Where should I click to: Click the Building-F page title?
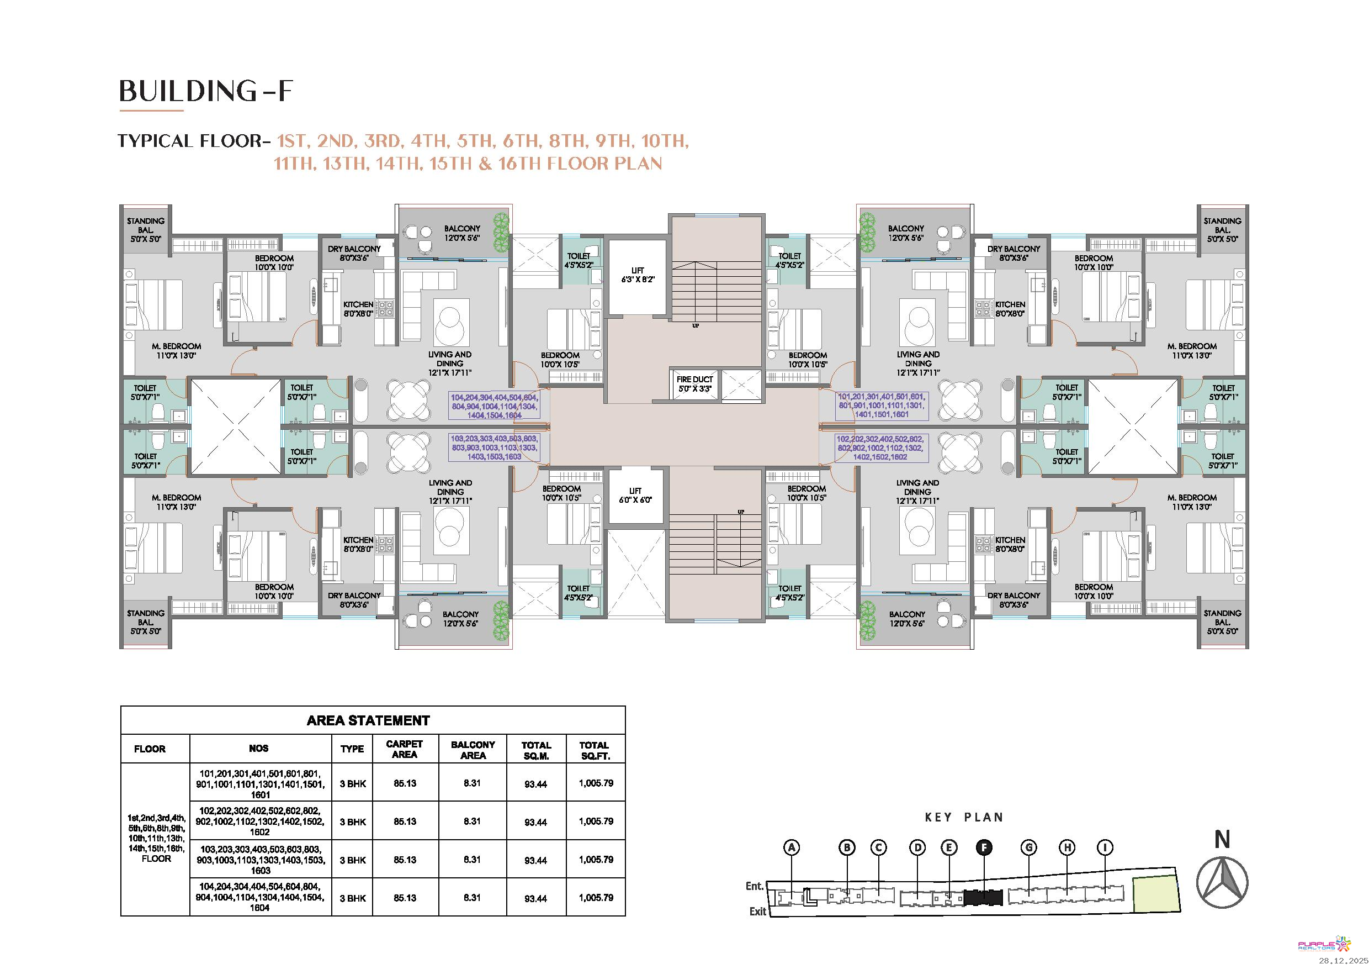coord(206,91)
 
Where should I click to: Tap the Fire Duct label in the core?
coord(694,383)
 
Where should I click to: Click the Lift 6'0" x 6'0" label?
coord(635,495)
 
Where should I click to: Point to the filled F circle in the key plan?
coord(984,847)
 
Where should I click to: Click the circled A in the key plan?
coord(792,847)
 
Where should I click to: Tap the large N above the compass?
coord(1222,840)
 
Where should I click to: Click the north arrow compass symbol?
coord(1222,882)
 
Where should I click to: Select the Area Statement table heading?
coord(368,721)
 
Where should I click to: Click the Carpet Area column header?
coord(404,750)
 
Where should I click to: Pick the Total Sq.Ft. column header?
coord(594,750)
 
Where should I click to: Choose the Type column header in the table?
coord(352,749)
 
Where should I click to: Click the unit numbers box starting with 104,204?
coord(494,405)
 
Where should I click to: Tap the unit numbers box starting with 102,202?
coord(880,448)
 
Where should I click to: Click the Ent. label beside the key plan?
coord(755,886)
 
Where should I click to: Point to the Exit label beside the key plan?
coord(757,911)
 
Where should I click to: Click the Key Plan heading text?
coord(964,818)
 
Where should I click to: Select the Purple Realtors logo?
coord(1324,944)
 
